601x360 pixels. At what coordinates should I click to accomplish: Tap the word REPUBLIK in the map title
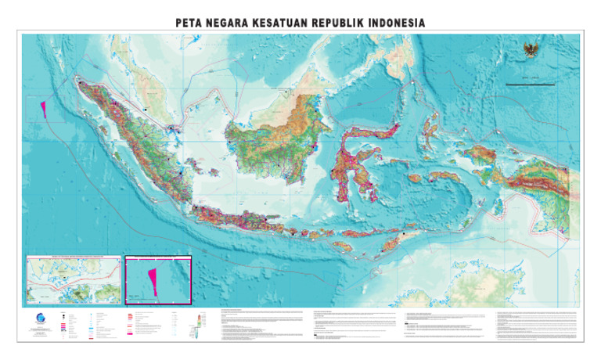point(337,23)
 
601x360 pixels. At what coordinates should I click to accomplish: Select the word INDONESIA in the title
point(397,23)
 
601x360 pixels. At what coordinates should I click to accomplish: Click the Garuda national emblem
point(532,51)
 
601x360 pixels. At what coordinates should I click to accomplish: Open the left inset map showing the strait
point(74,279)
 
